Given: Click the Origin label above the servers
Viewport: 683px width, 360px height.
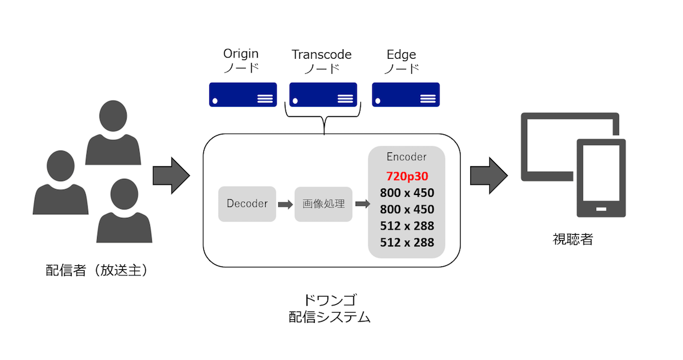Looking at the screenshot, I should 241,54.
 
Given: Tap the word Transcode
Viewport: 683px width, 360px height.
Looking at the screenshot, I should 321,55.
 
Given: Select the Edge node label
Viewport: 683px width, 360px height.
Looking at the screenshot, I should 401,55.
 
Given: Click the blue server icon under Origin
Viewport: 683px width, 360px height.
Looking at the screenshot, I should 243,95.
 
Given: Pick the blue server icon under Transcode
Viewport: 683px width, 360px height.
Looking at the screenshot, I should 323,95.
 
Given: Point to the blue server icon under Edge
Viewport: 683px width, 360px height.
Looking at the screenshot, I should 406,95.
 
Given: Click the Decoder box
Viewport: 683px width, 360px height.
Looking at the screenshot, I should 247,204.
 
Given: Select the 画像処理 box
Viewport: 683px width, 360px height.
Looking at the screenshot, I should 323,204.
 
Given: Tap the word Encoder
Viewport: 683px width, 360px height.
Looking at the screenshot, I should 407,157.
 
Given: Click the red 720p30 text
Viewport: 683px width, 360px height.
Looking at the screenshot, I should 407,176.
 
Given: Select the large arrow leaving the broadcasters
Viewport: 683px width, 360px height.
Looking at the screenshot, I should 171,176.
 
